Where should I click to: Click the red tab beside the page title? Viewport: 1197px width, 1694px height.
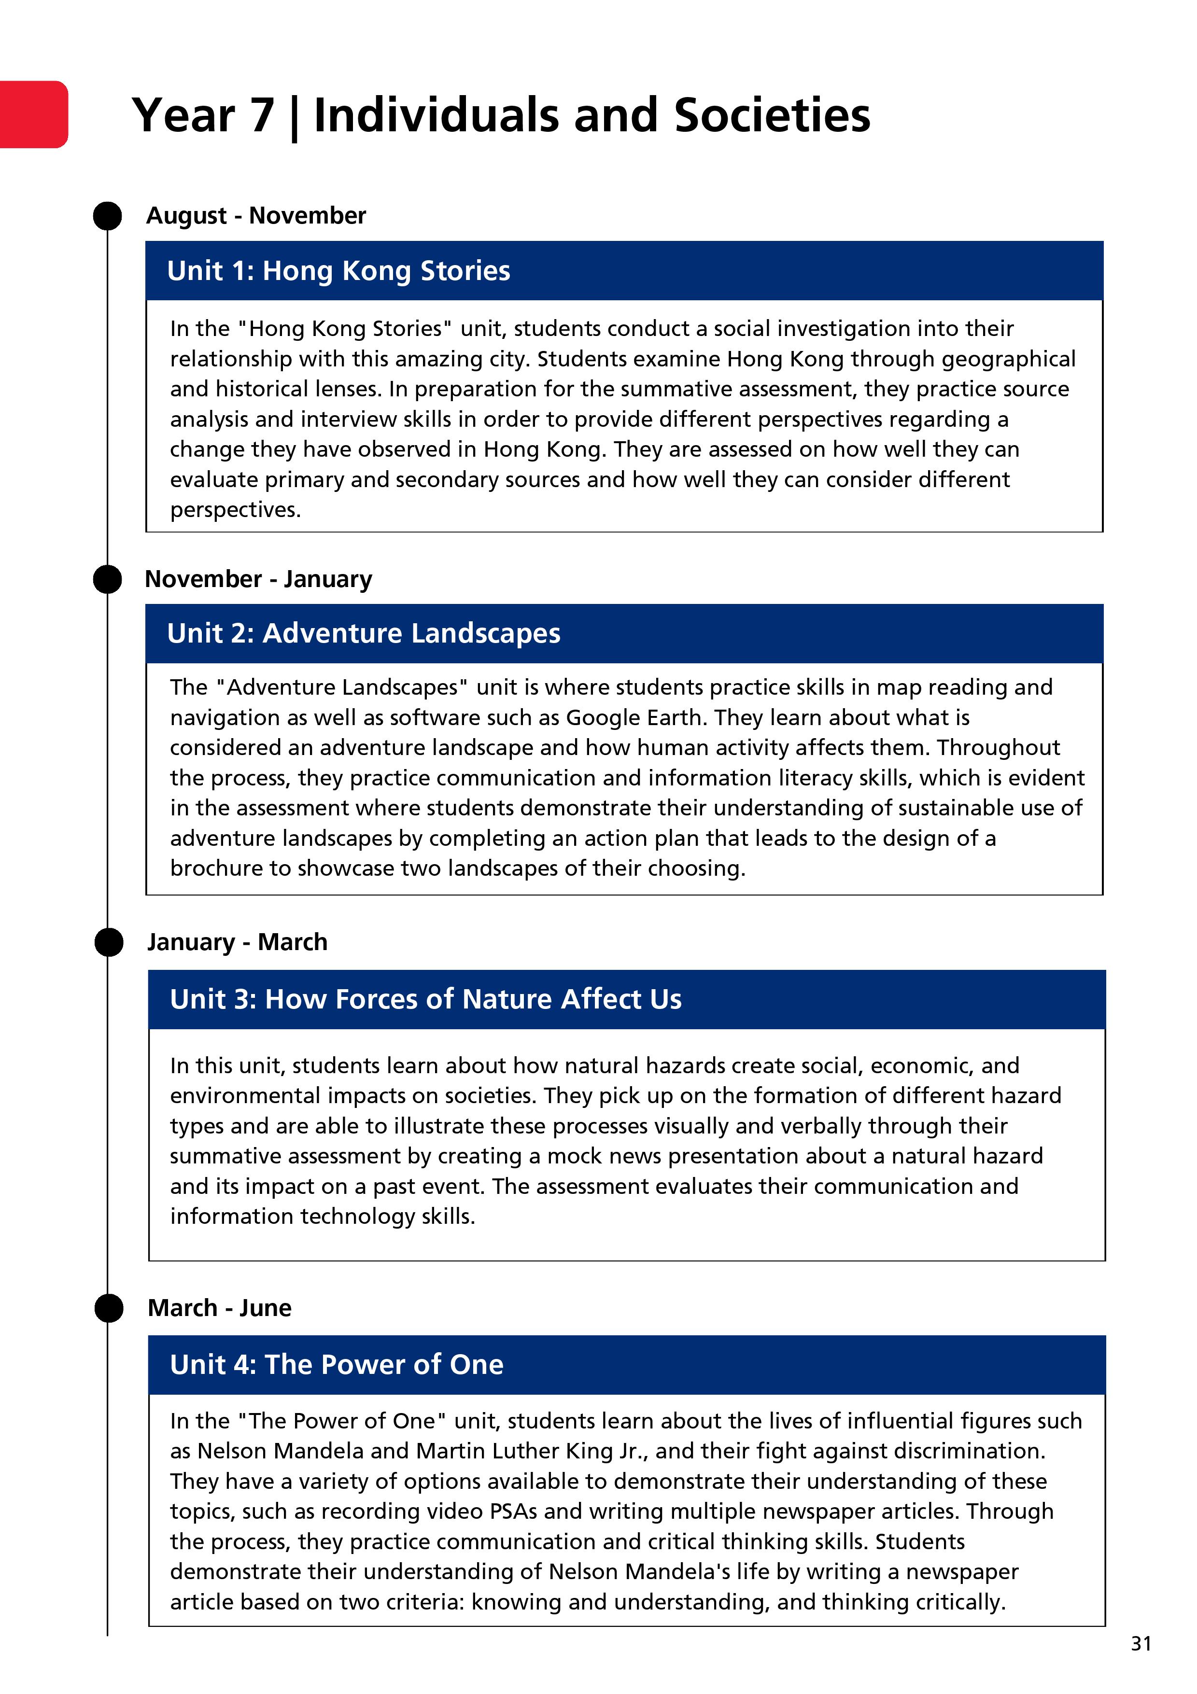[x=33, y=114]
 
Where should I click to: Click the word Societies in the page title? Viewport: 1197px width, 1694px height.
[x=772, y=116]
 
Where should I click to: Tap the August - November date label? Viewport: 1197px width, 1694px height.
[x=256, y=215]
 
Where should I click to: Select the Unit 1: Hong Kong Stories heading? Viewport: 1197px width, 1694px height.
[x=339, y=271]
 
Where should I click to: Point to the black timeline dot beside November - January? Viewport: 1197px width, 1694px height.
[x=108, y=579]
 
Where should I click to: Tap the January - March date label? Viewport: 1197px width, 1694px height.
[x=237, y=942]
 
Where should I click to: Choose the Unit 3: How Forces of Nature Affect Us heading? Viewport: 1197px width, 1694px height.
[x=426, y=999]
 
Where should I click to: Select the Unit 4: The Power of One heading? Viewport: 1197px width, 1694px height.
[x=337, y=1365]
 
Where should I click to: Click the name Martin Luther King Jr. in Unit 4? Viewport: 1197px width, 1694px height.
[x=531, y=1451]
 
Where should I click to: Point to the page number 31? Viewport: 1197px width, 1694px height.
[x=1141, y=1644]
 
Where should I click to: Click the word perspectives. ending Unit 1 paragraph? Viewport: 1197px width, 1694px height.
[x=236, y=510]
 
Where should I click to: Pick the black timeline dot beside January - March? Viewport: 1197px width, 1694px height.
[x=109, y=943]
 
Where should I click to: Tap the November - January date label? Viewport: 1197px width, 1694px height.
[x=258, y=579]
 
